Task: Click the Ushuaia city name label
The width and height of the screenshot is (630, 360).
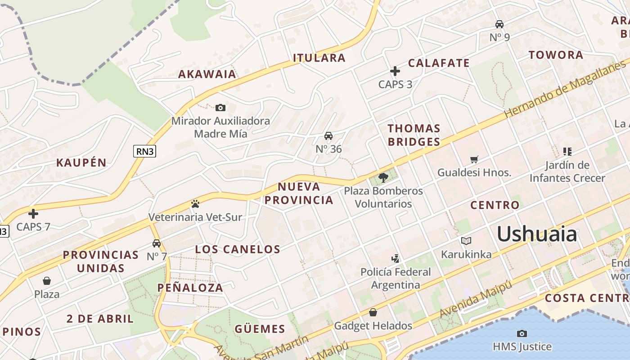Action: tap(536, 234)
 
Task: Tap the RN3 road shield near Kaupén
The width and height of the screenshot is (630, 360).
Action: tap(145, 151)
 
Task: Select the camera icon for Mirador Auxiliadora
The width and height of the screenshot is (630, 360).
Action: tap(220, 108)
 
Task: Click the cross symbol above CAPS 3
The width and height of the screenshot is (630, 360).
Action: tap(395, 71)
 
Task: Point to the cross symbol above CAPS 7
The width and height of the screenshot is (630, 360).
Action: tap(33, 213)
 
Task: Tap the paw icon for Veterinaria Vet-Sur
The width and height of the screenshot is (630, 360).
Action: tap(195, 204)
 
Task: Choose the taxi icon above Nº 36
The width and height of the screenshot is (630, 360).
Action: tap(328, 136)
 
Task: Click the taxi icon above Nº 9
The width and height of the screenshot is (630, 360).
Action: tap(499, 24)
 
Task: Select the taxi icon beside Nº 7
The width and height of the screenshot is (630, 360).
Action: tap(157, 243)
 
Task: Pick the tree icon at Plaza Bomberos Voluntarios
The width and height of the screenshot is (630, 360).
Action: tap(383, 177)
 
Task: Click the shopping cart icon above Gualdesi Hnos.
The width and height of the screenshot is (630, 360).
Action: tap(474, 159)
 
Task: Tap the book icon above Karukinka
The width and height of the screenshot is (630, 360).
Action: tap(466, 241)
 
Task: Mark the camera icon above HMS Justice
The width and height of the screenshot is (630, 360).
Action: tap(522, 333)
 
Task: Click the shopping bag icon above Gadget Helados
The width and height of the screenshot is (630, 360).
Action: tap(373, 312)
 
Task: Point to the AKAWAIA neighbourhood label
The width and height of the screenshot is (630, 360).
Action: tap(207, 74)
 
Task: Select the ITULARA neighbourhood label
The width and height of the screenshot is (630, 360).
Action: tap(319, 58)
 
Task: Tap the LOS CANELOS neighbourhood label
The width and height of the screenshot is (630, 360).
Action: tap(238, 249)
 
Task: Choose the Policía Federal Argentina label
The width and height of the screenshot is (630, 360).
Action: tap(396, 279)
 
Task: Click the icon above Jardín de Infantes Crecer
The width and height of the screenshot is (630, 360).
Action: tap(567, 152)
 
